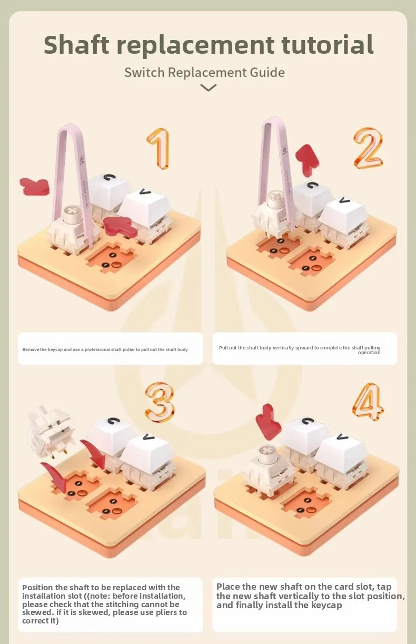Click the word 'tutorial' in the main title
pos(327,45)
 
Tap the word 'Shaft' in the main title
pos(76,45)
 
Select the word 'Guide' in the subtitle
pos(267,72)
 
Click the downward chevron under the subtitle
pos(209,87)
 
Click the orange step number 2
pos(368,148)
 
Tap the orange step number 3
pos(160,402)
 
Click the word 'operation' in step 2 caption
pos(369,353)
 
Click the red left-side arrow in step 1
pos(34,187)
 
